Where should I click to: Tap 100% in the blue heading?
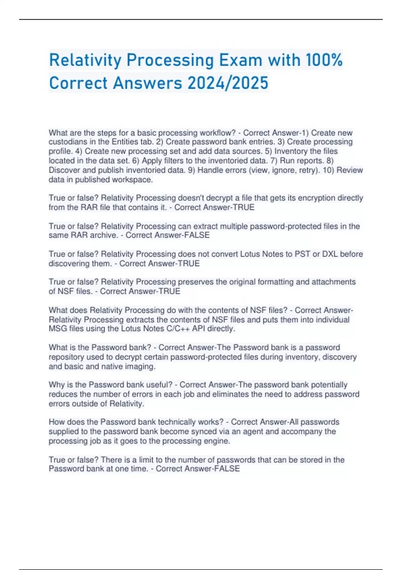324,60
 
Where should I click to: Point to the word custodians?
68,142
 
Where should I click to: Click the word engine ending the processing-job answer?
217,441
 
